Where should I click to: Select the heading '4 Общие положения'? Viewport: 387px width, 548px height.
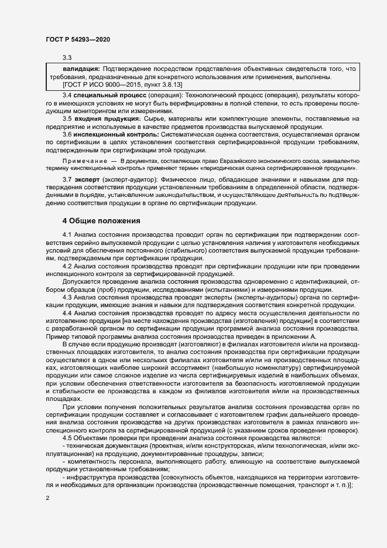click(x=101, y=221)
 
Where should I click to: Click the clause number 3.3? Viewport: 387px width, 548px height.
click(x=67, y=57)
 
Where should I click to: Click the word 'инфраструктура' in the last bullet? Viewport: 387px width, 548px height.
click(x=90, y=477)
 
